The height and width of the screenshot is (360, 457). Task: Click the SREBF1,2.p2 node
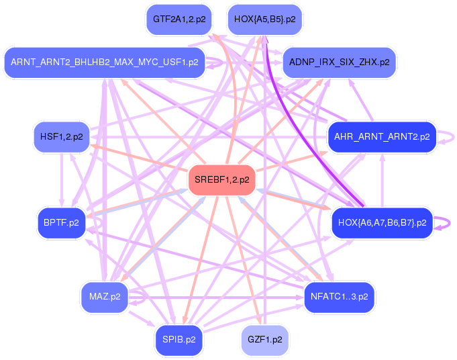(221, 180)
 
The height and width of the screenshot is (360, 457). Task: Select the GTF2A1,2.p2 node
(179, 19)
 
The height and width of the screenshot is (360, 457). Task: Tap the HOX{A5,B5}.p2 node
(264, 19)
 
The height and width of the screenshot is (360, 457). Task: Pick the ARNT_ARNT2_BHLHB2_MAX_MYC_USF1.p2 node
(104, 62)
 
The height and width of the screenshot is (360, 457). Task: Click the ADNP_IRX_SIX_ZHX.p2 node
(339, 62)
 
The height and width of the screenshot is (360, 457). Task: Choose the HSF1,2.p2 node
(61, 136)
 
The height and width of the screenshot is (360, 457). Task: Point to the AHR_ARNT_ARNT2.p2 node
(382, 136)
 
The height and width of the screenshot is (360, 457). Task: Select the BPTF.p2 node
(61, 223)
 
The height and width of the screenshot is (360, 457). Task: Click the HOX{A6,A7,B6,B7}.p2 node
(382, 223)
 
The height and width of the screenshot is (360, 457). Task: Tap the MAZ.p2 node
(104, 296)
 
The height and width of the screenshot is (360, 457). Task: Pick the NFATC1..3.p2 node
(339, 296)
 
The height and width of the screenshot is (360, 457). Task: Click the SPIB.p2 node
(179, 339)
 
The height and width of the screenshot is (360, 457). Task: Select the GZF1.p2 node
(264, 339)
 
